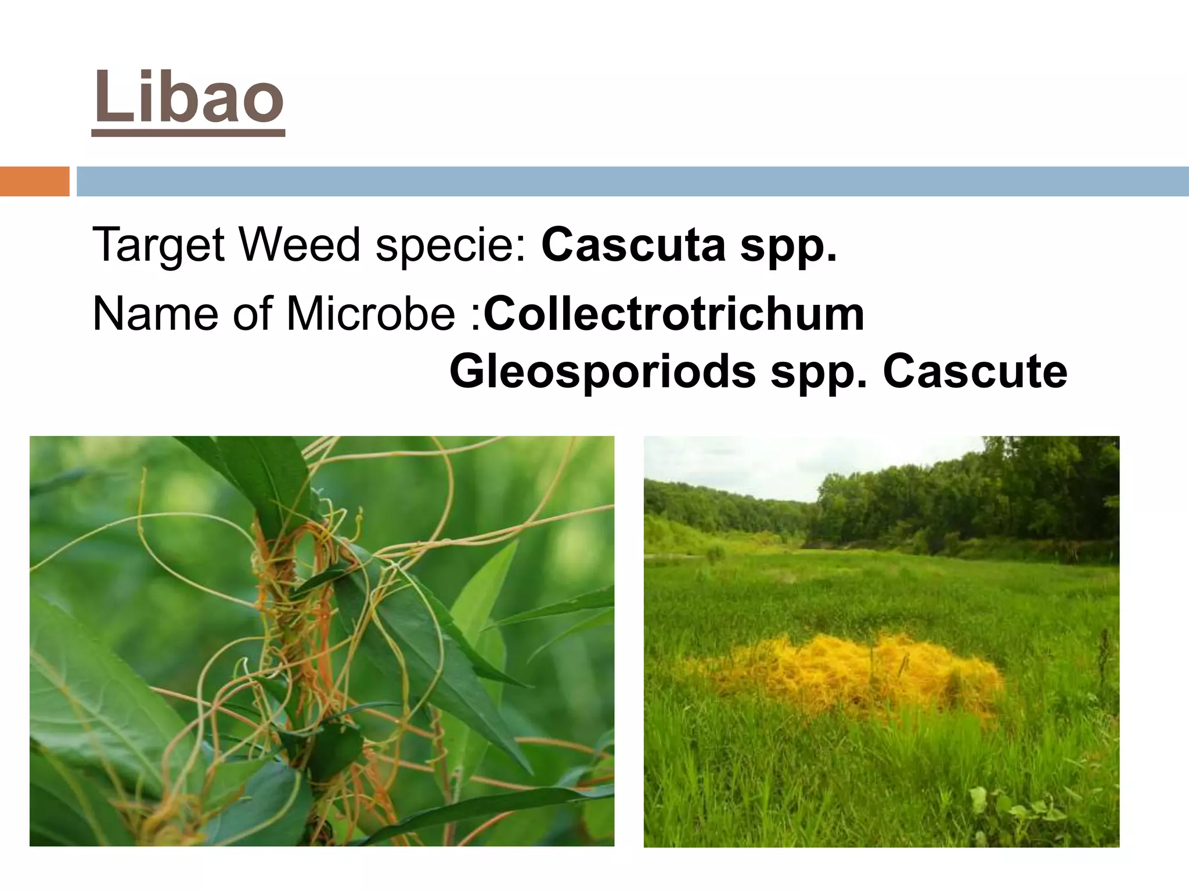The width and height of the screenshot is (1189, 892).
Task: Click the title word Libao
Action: [x=188, y=98]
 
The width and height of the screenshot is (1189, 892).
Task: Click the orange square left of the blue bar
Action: [x=34, y=181]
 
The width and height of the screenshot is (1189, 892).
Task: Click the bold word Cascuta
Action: [x=633, y=244]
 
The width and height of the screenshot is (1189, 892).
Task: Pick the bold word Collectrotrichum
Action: [x=673, y=314]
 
